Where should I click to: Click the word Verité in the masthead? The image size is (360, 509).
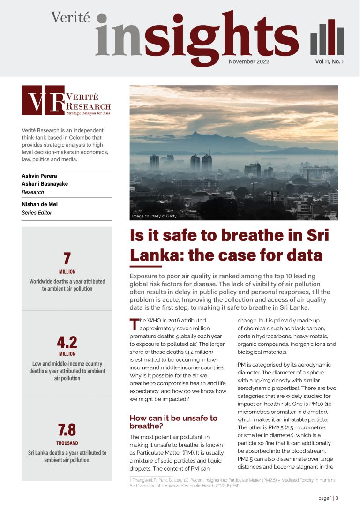click(71, 18)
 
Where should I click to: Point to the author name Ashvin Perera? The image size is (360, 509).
click(39, 176)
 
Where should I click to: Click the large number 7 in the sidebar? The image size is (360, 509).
click(67, 259)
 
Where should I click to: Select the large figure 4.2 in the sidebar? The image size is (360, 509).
click(67, 342)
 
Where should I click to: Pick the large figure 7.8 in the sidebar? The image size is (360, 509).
click(67, 430)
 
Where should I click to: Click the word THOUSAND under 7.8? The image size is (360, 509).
click(67, 443)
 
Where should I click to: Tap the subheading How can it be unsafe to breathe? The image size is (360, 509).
click(173, 422)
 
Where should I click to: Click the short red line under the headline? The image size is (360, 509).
click(139, 267)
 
